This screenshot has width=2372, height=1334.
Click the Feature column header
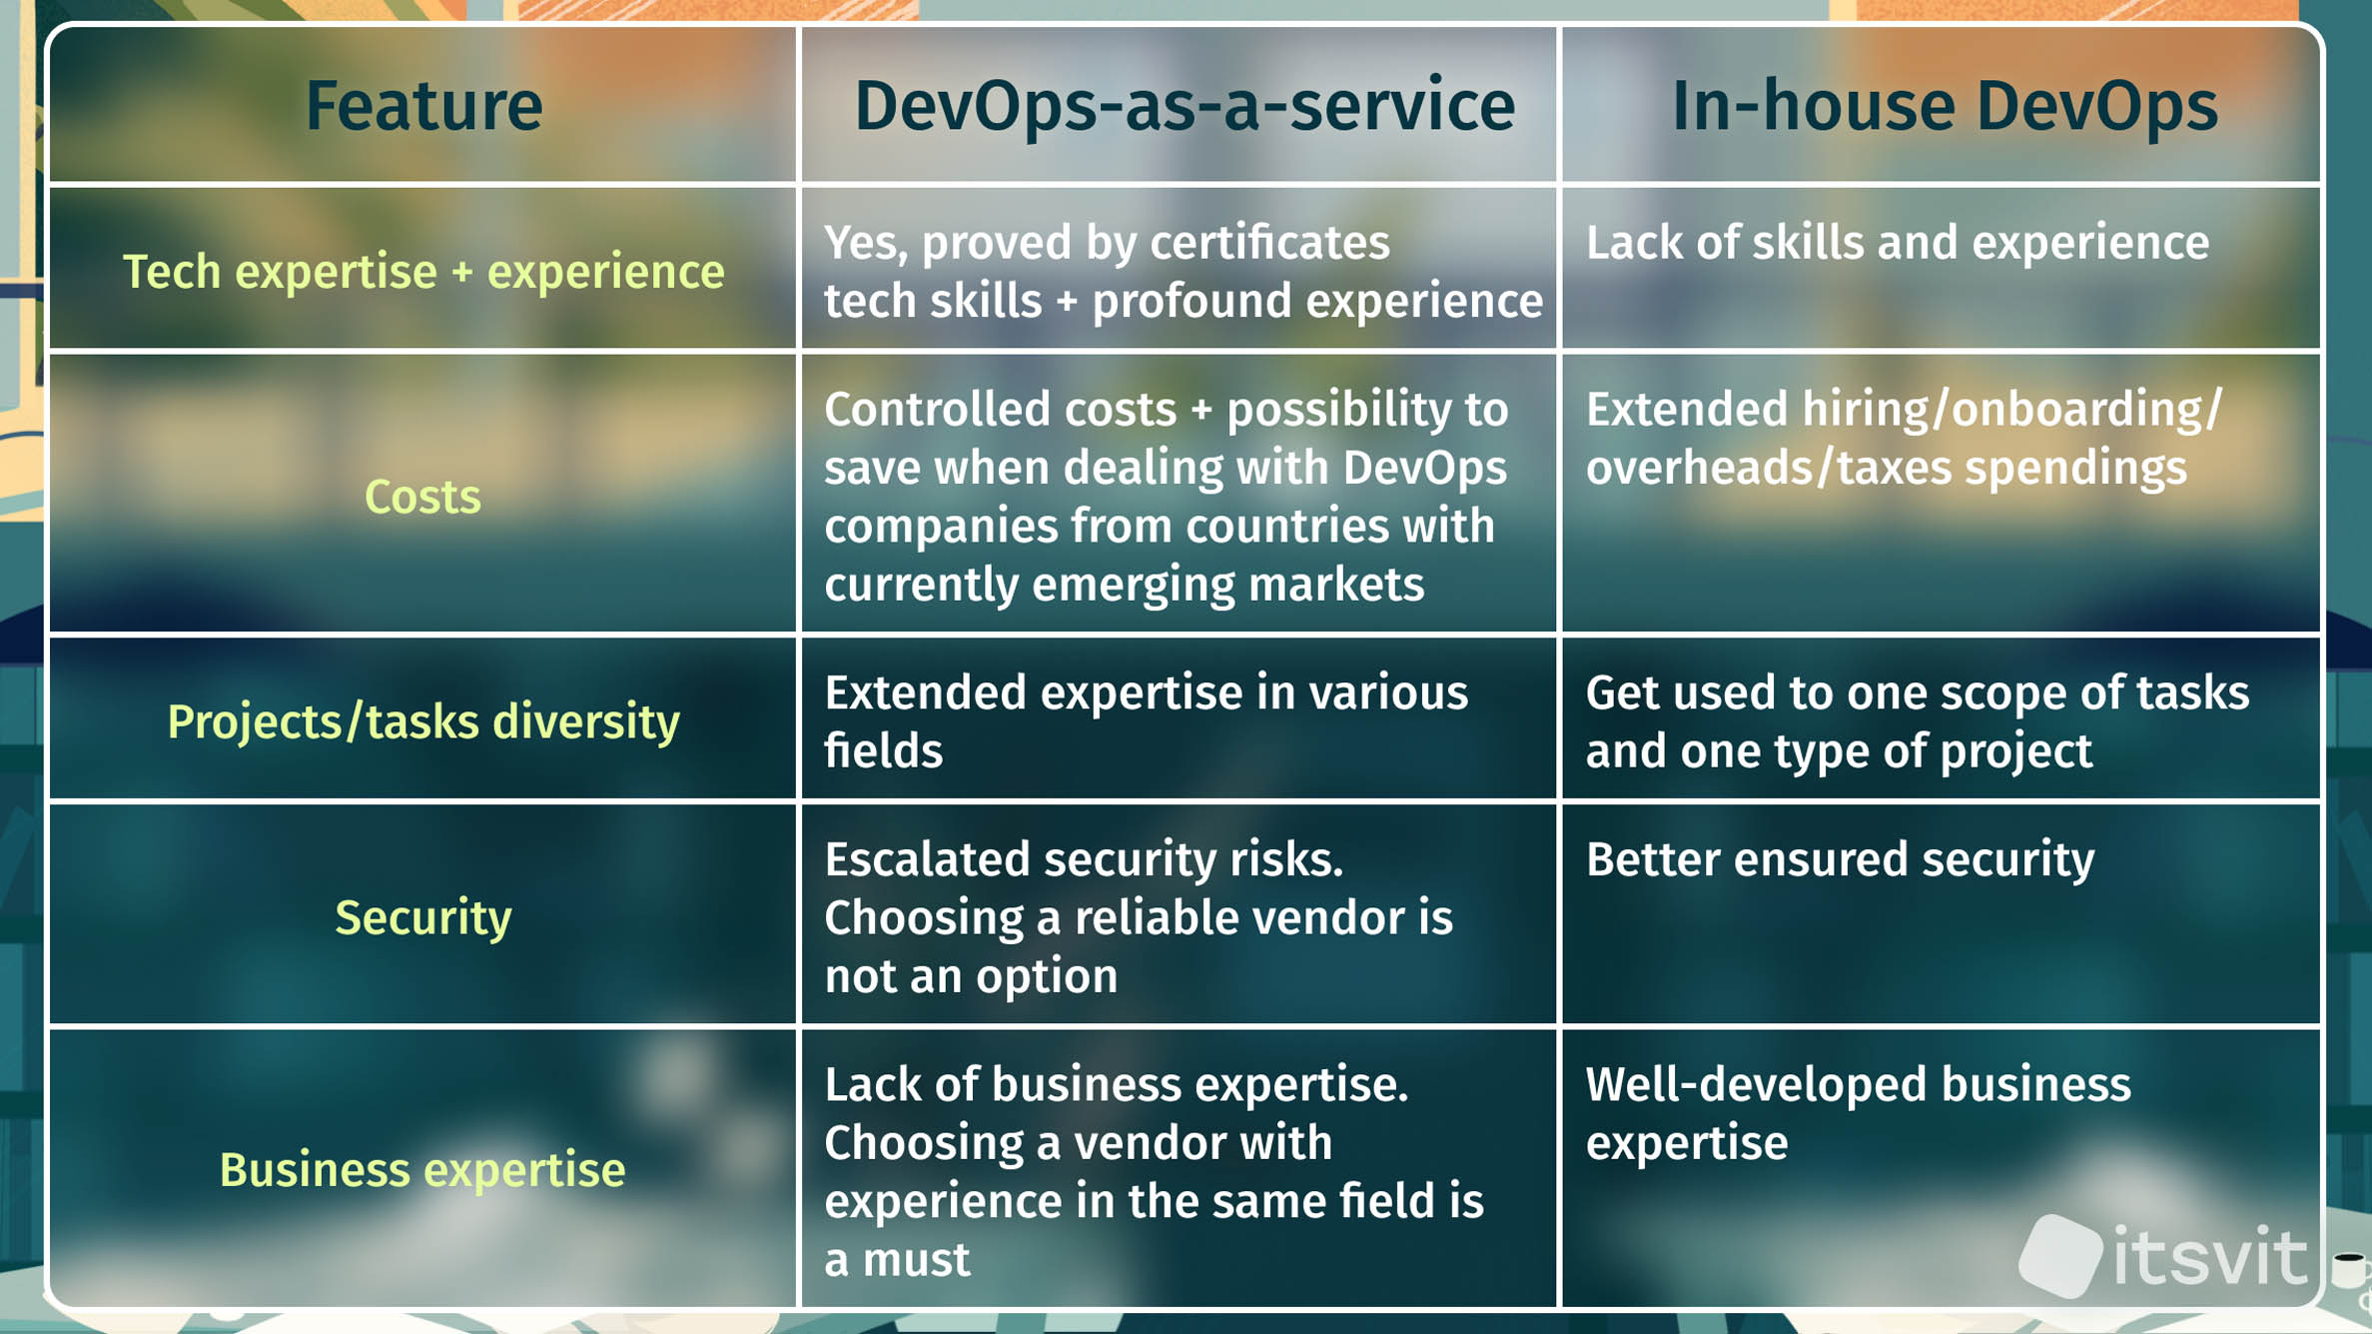click(423, 106)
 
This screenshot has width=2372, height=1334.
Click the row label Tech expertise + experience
click(423, 272)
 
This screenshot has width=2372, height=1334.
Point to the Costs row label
click(422, 497)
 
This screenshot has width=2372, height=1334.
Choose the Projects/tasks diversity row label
click(423, 721)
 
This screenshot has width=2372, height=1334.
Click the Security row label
click(423, 917)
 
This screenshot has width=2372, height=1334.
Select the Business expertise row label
click(422, 1170)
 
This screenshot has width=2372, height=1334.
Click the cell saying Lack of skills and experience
click(1898, 243)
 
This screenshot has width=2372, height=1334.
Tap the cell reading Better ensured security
click(1840, 859)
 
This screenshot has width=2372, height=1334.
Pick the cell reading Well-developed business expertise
click(1858, 1113)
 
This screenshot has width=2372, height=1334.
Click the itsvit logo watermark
click(2163, 1255)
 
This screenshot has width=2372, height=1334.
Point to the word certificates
click(1269, 243)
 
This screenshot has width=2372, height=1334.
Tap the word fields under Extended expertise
click(883, 750)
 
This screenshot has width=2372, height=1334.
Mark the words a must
click(897, 1260)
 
